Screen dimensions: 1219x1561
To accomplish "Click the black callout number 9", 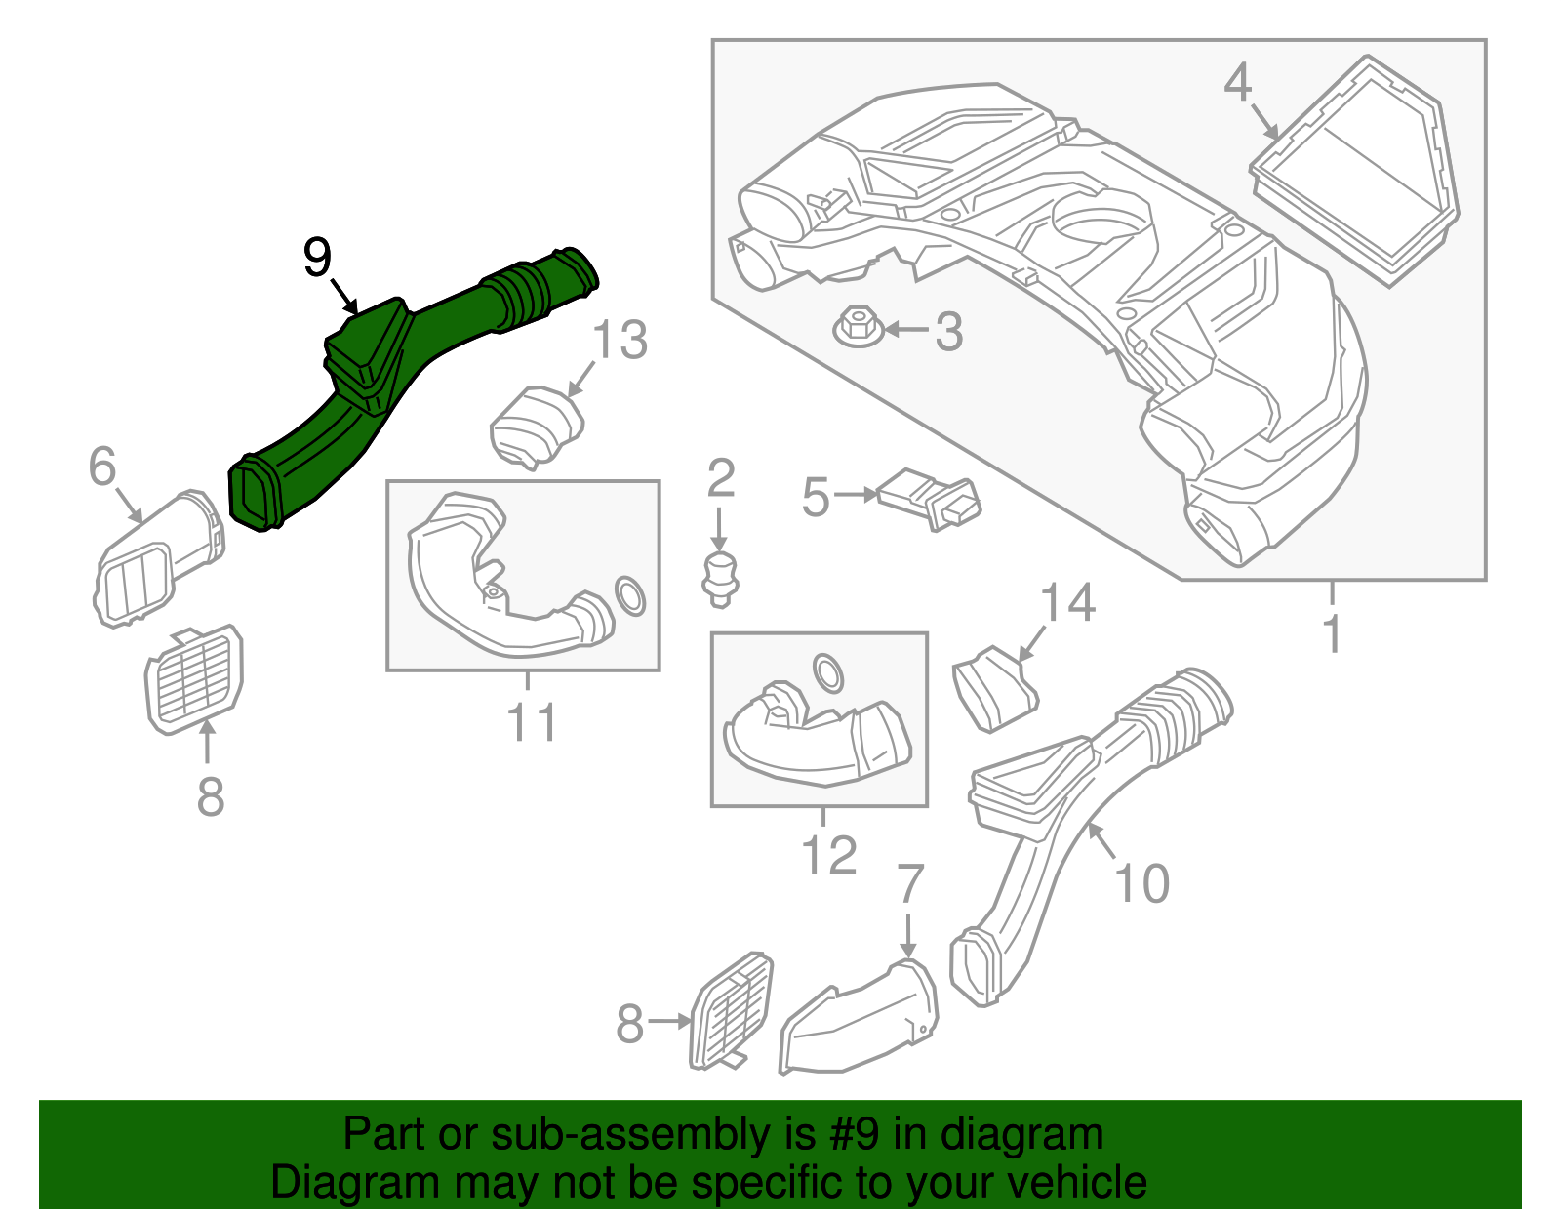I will click(317, 258).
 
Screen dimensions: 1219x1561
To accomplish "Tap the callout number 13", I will click(620, 341).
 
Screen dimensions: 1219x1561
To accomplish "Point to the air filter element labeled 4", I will click(1356, 171).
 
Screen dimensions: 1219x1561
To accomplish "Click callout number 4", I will click(1237, 83).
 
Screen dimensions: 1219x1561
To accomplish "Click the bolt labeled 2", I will click(720, 576).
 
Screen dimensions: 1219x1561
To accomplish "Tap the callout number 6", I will click(102, 467).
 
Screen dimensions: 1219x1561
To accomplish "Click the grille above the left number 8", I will click(193, 679).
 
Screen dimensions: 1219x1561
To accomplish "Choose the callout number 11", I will click(532, 722).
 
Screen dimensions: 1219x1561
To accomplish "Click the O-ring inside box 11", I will click(630, 595).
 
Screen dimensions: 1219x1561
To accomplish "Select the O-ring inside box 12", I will click(829, 672).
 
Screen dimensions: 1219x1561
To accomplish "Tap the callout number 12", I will click(829, 855).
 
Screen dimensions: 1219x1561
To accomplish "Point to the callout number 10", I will click(1141, 883).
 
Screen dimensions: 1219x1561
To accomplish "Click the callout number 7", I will click(909, 884).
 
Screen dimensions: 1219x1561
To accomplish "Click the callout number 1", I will click(1332, 634).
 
